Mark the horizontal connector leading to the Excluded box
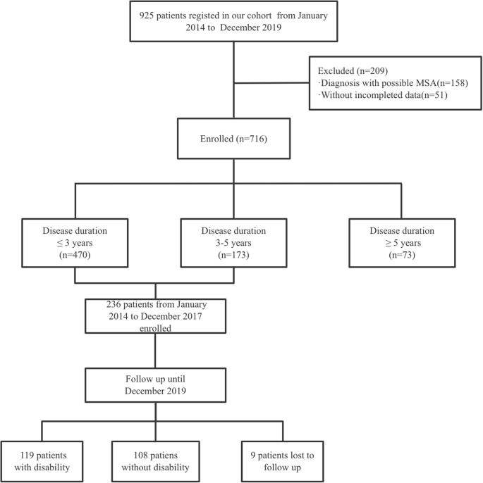(x=271, y=83)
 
